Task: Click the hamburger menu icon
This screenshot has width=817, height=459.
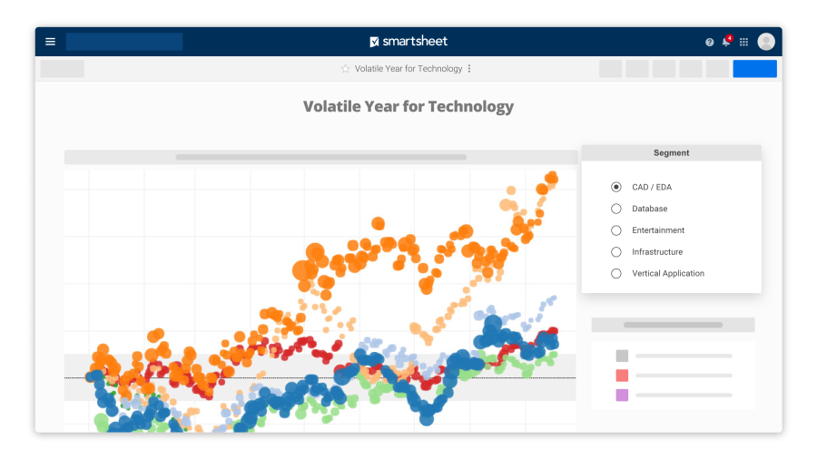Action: pos(50,42)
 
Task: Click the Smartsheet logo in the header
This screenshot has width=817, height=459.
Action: pos(408,42)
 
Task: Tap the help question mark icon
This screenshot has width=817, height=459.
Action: pos(710,42)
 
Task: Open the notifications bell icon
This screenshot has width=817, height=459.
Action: pos(726,42)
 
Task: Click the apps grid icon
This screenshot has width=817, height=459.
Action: pos(744,42)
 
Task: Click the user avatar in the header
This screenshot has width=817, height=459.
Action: pos(766,42)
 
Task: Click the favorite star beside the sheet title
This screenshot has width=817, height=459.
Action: pos(345,69)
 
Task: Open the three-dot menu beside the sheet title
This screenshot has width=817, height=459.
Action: pos(469,69)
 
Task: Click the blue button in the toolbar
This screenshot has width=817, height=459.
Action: pos(754,69)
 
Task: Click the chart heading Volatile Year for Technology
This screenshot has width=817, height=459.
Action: pos(408,107)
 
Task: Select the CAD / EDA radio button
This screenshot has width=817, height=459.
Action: pos(616,187)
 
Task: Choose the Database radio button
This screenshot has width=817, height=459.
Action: pos(616,209)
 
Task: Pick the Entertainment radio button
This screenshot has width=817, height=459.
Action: pos(616,230)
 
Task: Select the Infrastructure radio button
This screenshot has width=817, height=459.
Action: pos(616,252)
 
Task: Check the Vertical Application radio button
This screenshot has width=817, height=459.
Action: pos(616,273)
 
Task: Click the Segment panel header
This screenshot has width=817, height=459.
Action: pos(671,153)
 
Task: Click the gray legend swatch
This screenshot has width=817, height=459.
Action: pos(622,356)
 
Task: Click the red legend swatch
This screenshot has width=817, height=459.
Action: pos(622,376)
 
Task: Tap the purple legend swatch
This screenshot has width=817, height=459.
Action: pos(622,395)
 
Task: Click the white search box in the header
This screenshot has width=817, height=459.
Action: pos(124,42)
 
